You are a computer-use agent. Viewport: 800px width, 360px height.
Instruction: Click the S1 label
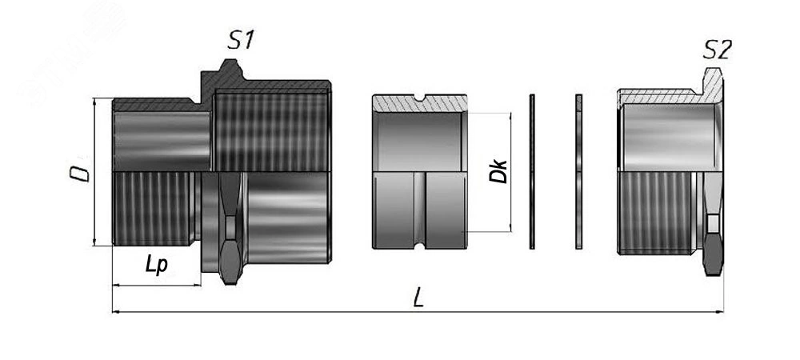click(240, 40)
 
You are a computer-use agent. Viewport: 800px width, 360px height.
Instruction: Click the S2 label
click(718, 50)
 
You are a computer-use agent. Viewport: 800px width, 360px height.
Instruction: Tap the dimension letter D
click(80, 171)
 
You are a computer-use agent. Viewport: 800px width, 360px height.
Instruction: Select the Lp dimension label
click(156, 264)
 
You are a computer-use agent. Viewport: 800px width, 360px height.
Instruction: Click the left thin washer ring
click(532, 171)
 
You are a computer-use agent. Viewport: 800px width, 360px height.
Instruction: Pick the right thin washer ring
click(578, 171)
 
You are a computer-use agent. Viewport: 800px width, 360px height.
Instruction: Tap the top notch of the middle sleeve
click(419, 97)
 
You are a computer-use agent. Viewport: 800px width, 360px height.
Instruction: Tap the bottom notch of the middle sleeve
click(419, 246)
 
